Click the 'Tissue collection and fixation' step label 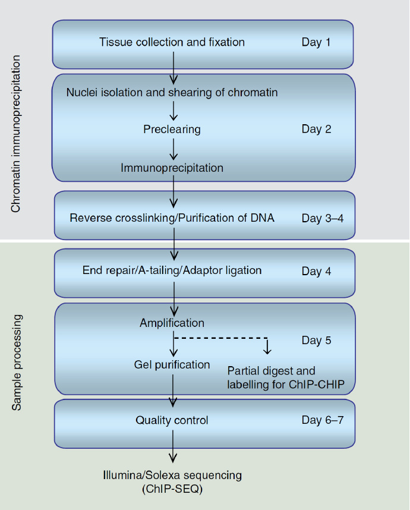point(172,42)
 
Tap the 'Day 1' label point(316,42)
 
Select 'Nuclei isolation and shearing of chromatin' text point(172,92)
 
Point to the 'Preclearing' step point(172,130)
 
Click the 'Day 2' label point(316,129)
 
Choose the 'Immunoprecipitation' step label point(172,168)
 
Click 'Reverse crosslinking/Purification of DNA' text point(172,218)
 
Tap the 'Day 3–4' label point(323,218)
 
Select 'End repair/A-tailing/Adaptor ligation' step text point(172,270)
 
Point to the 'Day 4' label point(316,271)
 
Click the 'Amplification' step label point(172,323)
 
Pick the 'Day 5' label point(316,340)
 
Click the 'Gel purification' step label point(172,364)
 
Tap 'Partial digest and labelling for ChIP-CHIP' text point(285,377)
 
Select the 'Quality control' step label point(172,420)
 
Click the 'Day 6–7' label point(323,420)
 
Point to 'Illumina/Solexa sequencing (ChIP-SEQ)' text point(172,482)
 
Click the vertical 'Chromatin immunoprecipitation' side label point(15,134)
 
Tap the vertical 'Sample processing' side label point(16,363)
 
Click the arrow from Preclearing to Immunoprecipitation point(174,149)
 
